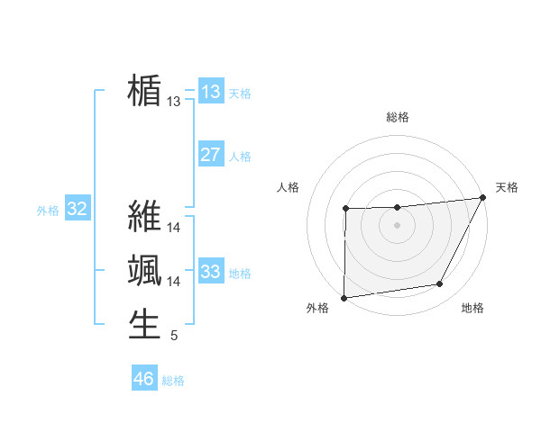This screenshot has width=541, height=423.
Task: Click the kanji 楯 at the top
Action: click(145, 92)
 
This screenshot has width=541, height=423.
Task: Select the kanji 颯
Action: click(145, 270)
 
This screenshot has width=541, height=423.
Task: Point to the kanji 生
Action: click(145, 324)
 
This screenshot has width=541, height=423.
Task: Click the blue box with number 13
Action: click(211, 92)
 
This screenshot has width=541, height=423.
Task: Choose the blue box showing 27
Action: click(211, 155)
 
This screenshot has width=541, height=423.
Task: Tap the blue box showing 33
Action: click(211, 271)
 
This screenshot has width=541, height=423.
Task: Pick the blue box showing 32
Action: click(78, 210)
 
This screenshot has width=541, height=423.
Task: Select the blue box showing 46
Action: click(144, 379)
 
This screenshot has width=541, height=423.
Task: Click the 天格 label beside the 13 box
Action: click(240, 94)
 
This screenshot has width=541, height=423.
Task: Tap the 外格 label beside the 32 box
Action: click(48, 211)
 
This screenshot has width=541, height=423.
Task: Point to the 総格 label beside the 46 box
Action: click(173, 381)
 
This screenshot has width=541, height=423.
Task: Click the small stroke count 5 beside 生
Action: click(173, 336)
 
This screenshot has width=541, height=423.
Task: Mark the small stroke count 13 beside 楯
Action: click(174, 103)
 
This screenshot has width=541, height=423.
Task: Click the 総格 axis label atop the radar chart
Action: click(397, 117)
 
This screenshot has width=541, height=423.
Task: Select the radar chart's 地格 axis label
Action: click(472, 309)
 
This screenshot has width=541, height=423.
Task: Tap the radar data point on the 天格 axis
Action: click(483, 197)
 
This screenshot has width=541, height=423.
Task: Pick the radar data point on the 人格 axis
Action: click(345, 210)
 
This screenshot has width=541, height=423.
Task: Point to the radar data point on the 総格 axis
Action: click(397, 208)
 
